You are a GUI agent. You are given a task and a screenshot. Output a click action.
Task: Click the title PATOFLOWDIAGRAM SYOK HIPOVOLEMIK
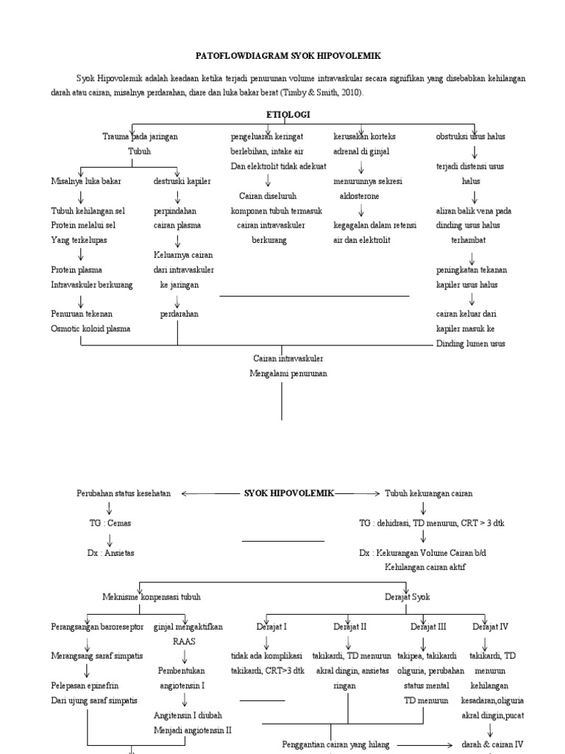coord(288,55)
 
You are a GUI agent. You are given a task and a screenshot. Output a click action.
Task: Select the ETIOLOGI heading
coord(288,115)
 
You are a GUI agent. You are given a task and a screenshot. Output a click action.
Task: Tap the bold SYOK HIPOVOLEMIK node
coord(288,493)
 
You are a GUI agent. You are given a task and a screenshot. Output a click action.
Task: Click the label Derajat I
coord(271,627)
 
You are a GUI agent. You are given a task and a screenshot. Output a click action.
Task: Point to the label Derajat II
coord(349,627)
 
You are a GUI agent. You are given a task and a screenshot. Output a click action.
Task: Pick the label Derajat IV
coord(490,627)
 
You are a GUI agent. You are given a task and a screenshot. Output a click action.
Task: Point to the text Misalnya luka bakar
coord(86,181)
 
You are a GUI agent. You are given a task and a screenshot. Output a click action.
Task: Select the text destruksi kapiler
coord(182,181)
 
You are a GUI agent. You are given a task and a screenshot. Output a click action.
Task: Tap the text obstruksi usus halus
coord(471,137)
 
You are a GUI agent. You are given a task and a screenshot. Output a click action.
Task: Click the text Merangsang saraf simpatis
coord(97,655)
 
